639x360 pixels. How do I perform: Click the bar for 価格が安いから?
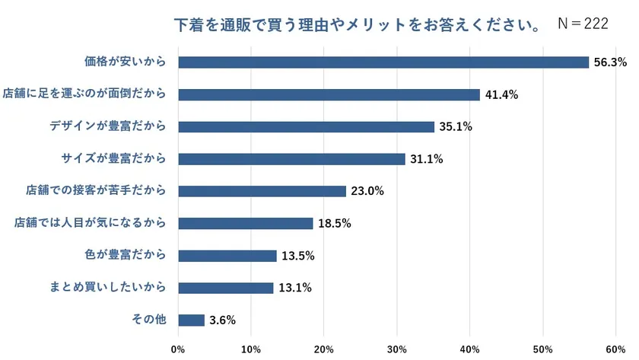pos(383,62)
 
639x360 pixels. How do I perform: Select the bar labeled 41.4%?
pos(329,94)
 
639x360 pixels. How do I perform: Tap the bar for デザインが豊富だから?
pos(306,127)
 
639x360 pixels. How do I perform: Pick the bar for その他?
pos(191,320)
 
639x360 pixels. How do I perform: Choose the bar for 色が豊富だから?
pos(227,256)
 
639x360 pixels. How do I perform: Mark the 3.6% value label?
pos(222,320)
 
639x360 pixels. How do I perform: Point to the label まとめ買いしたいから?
pos(108,288)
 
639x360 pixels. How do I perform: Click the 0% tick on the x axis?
pos(178,349)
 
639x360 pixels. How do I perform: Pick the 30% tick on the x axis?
pos(396,349)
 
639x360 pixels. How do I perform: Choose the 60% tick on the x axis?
pos(615,349)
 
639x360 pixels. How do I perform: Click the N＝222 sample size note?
pos(583,24)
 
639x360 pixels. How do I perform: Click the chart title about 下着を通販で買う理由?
pos(358,25)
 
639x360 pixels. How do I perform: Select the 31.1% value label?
pos(426,159)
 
